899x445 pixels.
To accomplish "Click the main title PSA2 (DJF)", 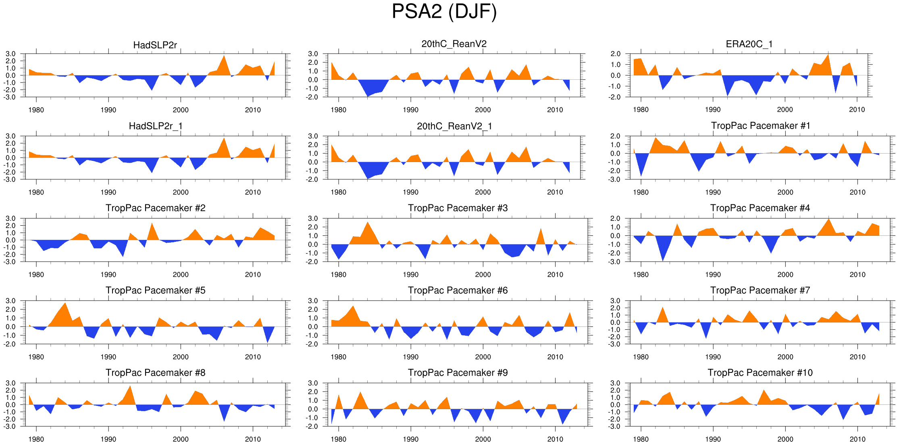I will pos(444,11).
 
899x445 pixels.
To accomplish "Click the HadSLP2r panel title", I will pos(155,45).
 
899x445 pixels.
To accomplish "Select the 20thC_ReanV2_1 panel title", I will pos(454,126).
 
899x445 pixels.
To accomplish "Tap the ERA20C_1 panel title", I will pos(749,44).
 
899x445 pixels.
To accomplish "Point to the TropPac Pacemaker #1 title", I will pos(760,126).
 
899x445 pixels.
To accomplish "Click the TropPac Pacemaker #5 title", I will pos(155,290).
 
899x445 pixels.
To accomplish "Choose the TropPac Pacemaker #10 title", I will pos(760,372).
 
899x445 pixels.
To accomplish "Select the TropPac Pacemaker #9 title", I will pos(458,372).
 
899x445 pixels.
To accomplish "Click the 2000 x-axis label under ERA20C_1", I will pos(785,110).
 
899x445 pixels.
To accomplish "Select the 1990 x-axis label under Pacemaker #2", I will pos(108,274).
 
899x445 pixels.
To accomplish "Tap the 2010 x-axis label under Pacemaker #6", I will pos(555,357).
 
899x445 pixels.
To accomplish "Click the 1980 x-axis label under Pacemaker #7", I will pos(641,357).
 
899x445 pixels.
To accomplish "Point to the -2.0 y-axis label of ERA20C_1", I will pos(615,97).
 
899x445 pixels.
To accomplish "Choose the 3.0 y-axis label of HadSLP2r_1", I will pos(10,136).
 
